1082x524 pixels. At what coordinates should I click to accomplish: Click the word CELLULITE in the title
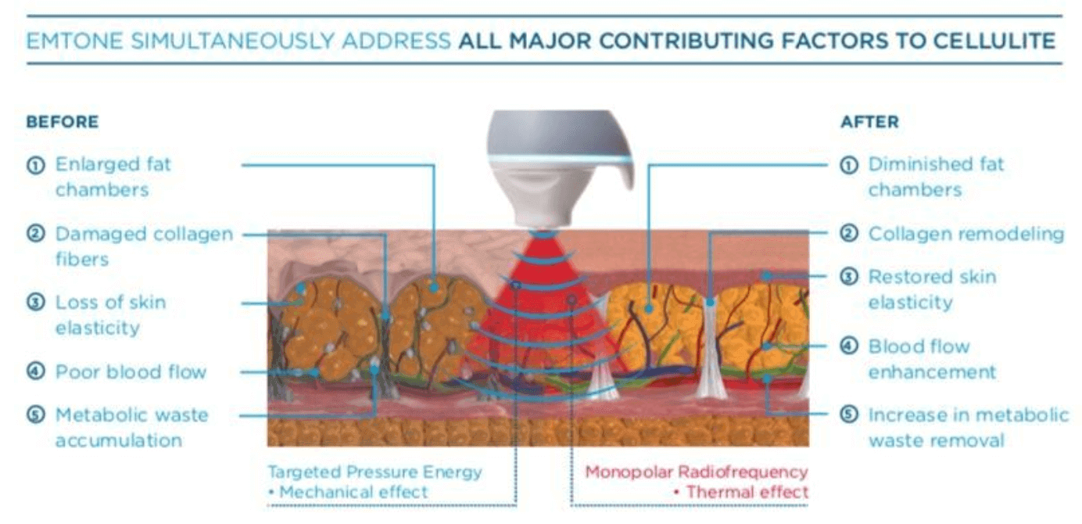(994, 41)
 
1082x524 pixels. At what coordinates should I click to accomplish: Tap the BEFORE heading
(63, 121)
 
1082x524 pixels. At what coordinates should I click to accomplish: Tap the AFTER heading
(869, 121)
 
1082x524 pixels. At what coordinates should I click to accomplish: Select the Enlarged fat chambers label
(113, 177)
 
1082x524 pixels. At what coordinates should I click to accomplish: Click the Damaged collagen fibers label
(145, 246)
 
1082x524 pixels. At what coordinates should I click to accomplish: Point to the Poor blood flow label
(131, 371)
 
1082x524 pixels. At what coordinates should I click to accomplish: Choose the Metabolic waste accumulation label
(132, 427)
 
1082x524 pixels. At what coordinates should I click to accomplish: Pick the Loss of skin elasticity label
(110, 314)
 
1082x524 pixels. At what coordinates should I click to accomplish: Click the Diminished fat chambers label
(936, 177)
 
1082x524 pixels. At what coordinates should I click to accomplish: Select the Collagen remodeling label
(966, 234)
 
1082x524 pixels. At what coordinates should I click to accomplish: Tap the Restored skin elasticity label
(932, 289)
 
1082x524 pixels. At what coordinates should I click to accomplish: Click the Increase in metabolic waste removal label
(969, 427)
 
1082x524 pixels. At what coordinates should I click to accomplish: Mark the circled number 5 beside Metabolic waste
(35, 415)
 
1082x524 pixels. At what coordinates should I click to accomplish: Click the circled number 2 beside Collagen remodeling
(849, 234)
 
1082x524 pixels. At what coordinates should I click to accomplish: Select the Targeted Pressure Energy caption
(374, 472)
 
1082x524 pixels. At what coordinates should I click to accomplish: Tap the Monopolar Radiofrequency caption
(697, 472)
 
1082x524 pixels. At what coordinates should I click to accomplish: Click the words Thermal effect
(747, 492)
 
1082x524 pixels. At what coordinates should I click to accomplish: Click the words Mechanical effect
(353, 492)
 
